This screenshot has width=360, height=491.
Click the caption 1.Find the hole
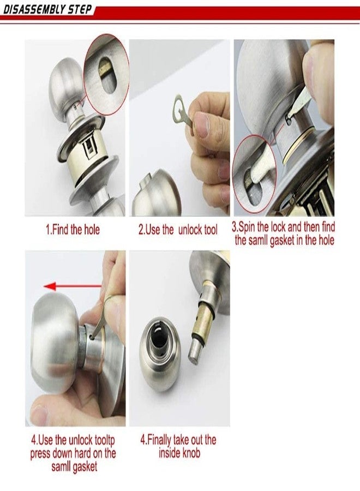(72, 230)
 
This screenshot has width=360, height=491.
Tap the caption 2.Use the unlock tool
(177, 230)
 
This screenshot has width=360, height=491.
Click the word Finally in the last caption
(166, 440)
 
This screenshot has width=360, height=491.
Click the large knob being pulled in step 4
(55, 344)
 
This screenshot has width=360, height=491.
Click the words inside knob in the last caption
(179, 453)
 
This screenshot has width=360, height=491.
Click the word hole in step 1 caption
(90, 230)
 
